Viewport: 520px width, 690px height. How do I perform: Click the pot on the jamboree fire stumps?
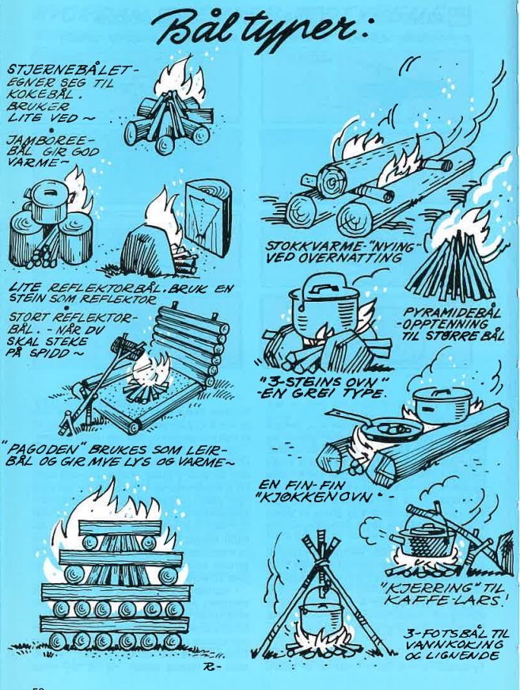46,200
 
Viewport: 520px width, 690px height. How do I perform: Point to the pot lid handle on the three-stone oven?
322,288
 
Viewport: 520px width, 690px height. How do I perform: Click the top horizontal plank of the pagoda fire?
120,527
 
